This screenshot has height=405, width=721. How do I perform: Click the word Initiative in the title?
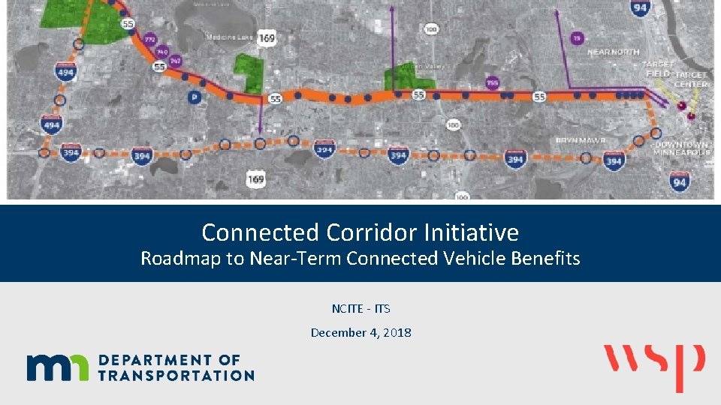(x=472, y=232)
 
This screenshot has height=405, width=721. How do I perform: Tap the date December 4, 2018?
(x=360, y=332)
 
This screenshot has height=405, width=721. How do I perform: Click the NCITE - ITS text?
(x=360, y=308)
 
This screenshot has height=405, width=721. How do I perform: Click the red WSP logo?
(x=655, y=366)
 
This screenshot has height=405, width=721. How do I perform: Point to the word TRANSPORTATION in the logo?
(x=176, y=374)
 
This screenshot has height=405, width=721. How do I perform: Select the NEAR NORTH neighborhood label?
(x=614, y=52)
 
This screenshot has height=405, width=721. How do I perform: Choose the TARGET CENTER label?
(x=691, y=79)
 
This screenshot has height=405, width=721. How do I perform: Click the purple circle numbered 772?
(x=149, y=39)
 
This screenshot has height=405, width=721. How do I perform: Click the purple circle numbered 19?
(x=577, y=37)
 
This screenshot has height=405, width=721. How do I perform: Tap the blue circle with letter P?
(x=195, y=97)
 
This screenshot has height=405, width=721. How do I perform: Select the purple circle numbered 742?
(x=175, y=60)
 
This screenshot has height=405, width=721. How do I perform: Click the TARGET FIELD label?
(x=658, y=69)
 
